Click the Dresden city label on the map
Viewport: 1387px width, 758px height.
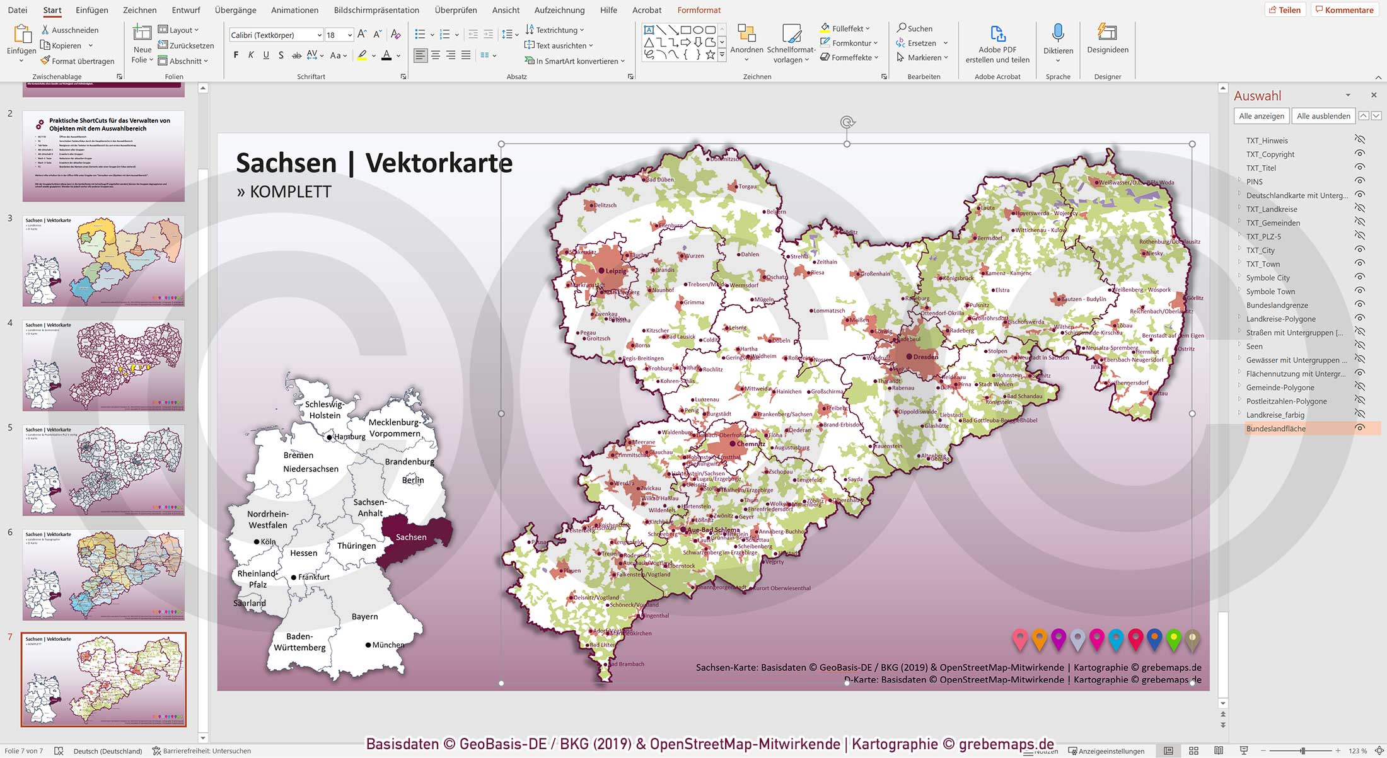(926, 357)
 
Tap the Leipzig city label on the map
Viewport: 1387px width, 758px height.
(616, 271)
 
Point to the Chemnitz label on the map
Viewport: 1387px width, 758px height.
(750, 444)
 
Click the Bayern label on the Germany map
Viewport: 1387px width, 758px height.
(364, 616)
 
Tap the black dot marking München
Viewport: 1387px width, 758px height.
(368, 645)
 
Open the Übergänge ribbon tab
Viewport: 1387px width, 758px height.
(235, 10)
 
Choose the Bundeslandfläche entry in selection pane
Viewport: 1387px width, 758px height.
(1275, 428)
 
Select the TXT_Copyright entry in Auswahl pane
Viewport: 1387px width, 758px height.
(1270, 154)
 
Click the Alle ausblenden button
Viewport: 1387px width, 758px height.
(1323, 116)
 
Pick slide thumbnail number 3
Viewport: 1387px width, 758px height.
(103, 261)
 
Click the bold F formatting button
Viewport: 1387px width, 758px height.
(236, 55)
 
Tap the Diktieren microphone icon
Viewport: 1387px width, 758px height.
(1057, 33)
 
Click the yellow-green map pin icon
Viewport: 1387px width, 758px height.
(1173, 639)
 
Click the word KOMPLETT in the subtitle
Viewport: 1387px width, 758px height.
(290, 192)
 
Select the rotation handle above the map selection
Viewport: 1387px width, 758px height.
(847, 122)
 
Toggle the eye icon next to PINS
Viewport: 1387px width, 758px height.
(1360, 181)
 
